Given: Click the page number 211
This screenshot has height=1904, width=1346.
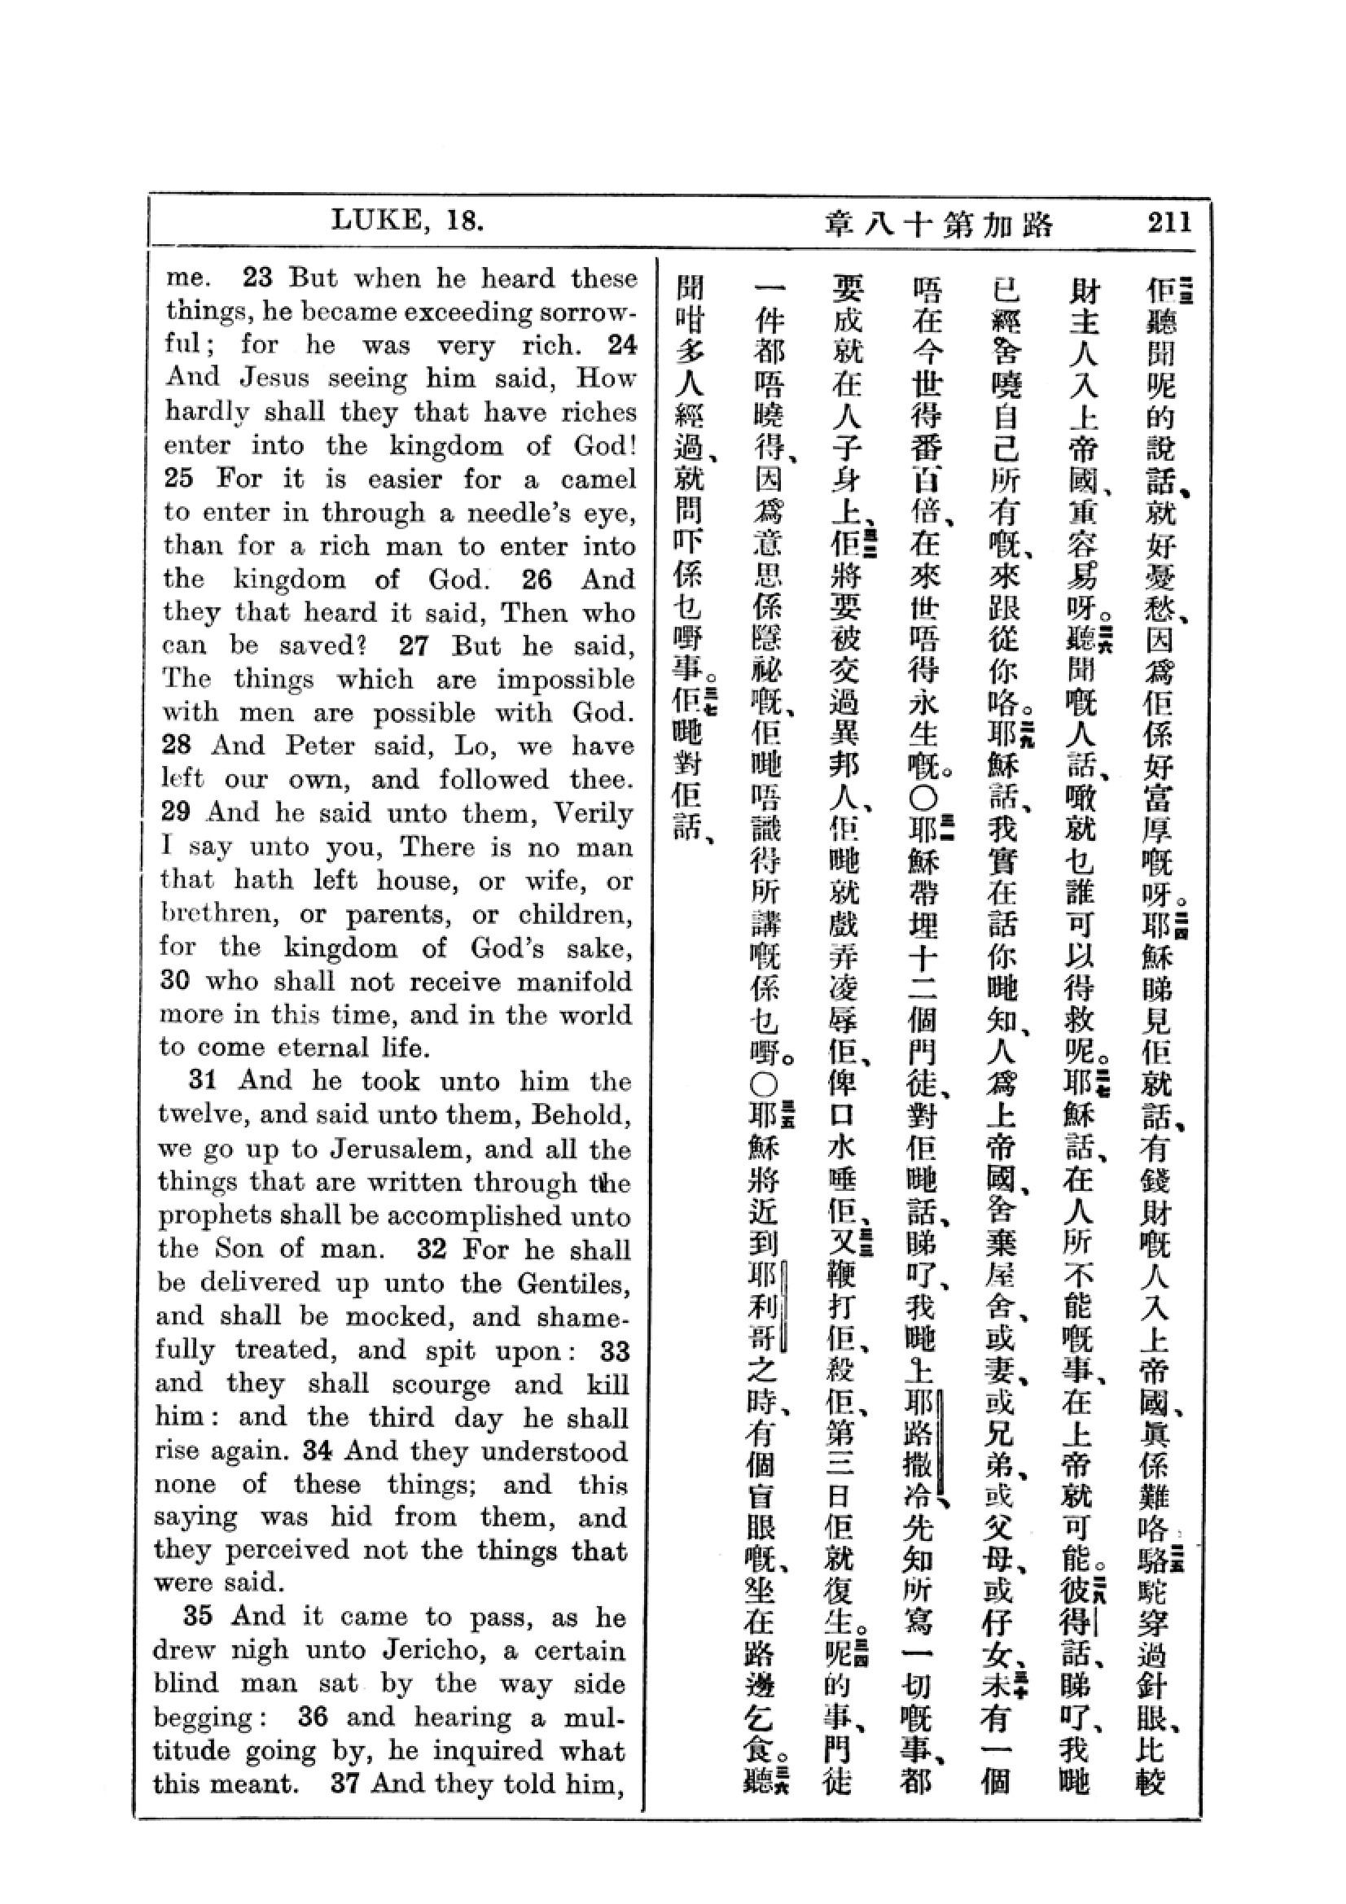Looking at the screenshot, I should pyautogui.click(x=1169, y=222).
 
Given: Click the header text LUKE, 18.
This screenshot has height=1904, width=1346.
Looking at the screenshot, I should pyautogui.click(x=407, y=221).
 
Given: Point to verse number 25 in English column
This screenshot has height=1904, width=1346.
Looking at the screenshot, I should pyautogui.click(x=178, y=479).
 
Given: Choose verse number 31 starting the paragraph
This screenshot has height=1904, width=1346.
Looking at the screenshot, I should pyautogui.click(x=204, y=1080).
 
